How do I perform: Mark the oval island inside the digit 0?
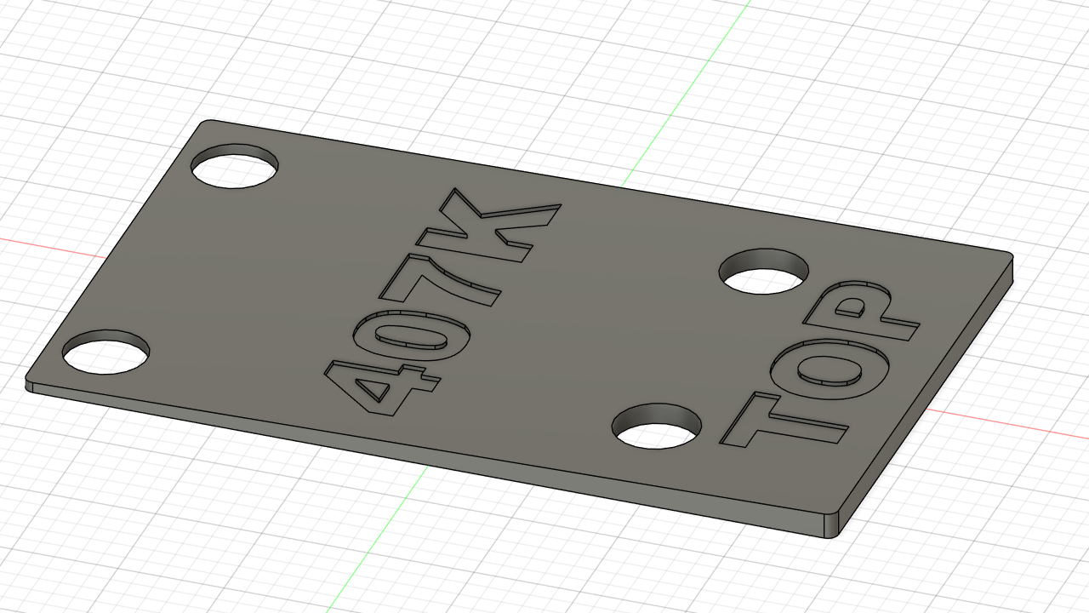pos(411,335)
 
